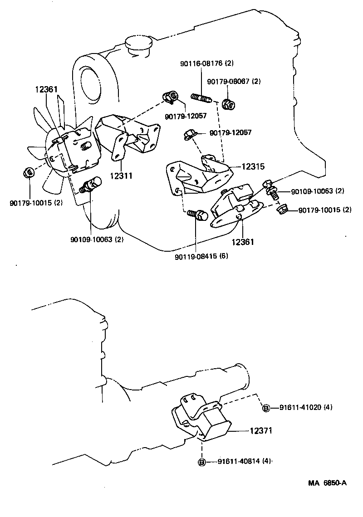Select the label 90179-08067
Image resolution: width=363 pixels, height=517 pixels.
coord(234,82)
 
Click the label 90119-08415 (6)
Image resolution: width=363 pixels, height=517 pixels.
coord(201,256)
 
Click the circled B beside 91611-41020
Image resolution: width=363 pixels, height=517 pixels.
coord(266,408)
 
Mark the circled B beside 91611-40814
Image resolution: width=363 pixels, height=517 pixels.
coord(202,462)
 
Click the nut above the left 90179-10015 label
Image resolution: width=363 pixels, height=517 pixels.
coord(28,172)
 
